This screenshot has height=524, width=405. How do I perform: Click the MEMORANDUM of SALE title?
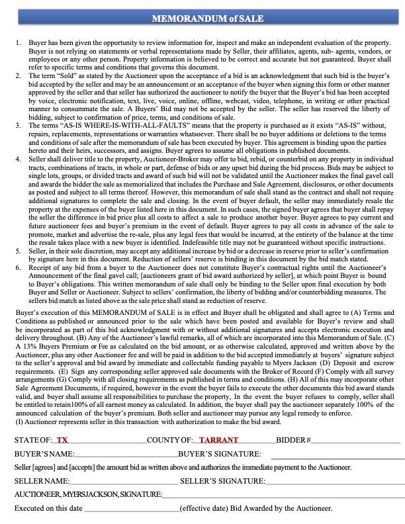(x=202, y=19)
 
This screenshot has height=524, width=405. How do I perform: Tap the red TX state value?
(x=62, y=440)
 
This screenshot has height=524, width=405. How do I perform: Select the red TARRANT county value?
(x=218, y=440)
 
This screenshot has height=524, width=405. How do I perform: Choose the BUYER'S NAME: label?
(x=44, y=454)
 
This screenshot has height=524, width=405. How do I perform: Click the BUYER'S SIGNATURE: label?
(x=220, y=454)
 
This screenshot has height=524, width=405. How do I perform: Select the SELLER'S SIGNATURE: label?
(x=222, y=481)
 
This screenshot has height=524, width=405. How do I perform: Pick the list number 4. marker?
(x=18, y=159)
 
